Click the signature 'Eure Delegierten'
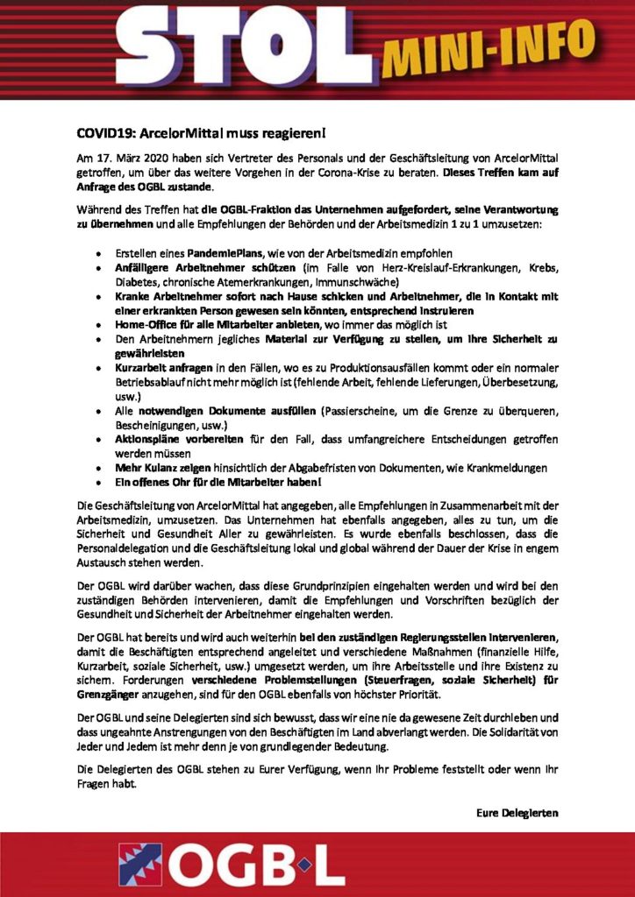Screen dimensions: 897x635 [x=517, y=812]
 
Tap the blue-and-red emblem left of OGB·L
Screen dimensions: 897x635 [x=140, y=863]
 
